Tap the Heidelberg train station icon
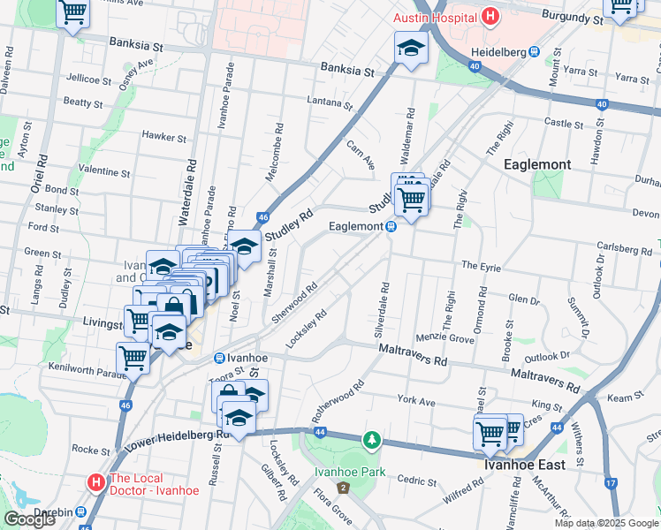click(x=535, y=51)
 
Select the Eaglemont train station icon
click(x=390, y=227)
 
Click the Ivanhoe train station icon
click(x=218, y=358)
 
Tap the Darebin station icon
click(x=80, y=511)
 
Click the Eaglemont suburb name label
click(x=536, y=164)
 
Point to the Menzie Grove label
click(x=452, y=337)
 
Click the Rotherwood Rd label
click(x=338, y=401)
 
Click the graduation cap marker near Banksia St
click(x=411, y=48)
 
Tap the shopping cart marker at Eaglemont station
click(x=411, y=201)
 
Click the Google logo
click(x=29, y=519)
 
